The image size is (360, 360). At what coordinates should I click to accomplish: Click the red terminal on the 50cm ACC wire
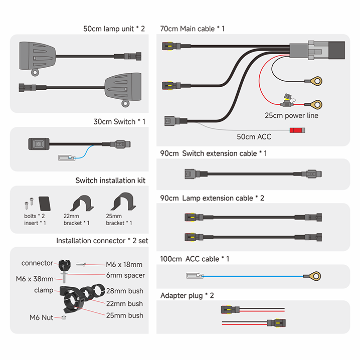click(x=297, y=130)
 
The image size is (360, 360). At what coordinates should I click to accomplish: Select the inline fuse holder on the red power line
click(x=287, y=101)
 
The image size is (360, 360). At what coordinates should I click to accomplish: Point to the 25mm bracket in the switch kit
click(x=124, y=201)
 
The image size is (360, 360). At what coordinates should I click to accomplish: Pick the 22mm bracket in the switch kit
click(x=82, y=203)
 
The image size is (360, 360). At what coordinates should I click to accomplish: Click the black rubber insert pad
click(x=45, y=204)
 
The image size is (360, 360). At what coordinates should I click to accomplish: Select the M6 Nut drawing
click(x=64, y=317)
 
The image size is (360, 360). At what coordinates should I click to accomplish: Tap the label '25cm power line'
click(x=291, y=115)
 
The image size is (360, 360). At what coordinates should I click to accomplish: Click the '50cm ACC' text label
click(x=254, y=137)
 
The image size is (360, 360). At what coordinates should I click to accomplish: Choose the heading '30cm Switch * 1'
click(x=119, y=122)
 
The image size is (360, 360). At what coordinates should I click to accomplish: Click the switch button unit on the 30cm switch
click(x=39, y=144)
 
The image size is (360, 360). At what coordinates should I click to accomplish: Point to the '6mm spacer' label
click(x=125, y=275)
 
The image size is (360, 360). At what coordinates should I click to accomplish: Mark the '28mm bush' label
click(x=125, y=291)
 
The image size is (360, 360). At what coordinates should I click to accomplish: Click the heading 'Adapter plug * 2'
click(x=187, y=295)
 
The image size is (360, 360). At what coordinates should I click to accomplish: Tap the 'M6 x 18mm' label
click(x=124, y=265)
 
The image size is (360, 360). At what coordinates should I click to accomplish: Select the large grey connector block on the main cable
click(x=317, y=50)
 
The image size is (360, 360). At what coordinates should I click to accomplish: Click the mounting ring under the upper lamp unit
click(x=35, y=73)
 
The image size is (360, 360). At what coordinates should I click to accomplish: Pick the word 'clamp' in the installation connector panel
click(x=44, y=290)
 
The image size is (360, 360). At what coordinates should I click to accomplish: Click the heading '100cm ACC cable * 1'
click(x=195, y=259)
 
